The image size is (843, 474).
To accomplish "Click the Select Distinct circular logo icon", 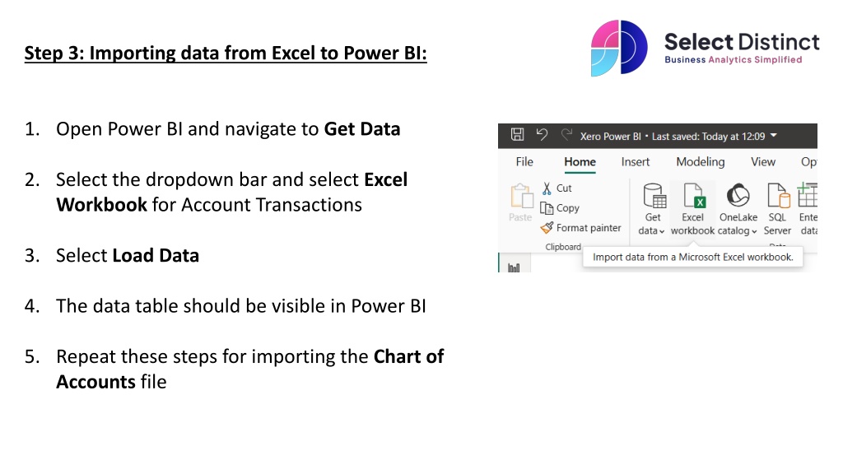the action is click(619, 48).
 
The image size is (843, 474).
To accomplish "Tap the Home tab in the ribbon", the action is click(580, 162).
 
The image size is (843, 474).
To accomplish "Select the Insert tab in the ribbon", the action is click(635, 162).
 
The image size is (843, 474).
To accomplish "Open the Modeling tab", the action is click(700, 162).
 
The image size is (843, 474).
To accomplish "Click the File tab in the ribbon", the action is click(524, 162).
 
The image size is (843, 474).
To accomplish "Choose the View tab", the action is click(763, 162).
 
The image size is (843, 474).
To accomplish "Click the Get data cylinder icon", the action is click(654, 196).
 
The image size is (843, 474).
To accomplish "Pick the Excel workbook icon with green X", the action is click(693, 195).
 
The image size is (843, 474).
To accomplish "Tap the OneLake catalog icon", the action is click(738, 195).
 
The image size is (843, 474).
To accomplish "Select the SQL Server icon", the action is click(778, 195).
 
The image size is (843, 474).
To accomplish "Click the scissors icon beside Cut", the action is click(547, 188).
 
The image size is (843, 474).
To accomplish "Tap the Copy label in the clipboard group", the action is click(568, 208).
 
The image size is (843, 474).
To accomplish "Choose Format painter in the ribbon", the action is click(589, 228).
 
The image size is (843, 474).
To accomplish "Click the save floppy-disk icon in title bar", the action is click(517, 135).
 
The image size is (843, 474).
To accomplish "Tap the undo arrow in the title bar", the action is click(542, 135).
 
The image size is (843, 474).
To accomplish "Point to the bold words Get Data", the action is click(362, 129).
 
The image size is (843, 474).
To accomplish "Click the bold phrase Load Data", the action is click(156, 255).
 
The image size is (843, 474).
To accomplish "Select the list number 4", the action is click(32, 306).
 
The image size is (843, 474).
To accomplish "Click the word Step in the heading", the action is click(43, 53).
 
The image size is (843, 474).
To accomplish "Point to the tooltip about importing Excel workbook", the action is click(692, 257).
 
